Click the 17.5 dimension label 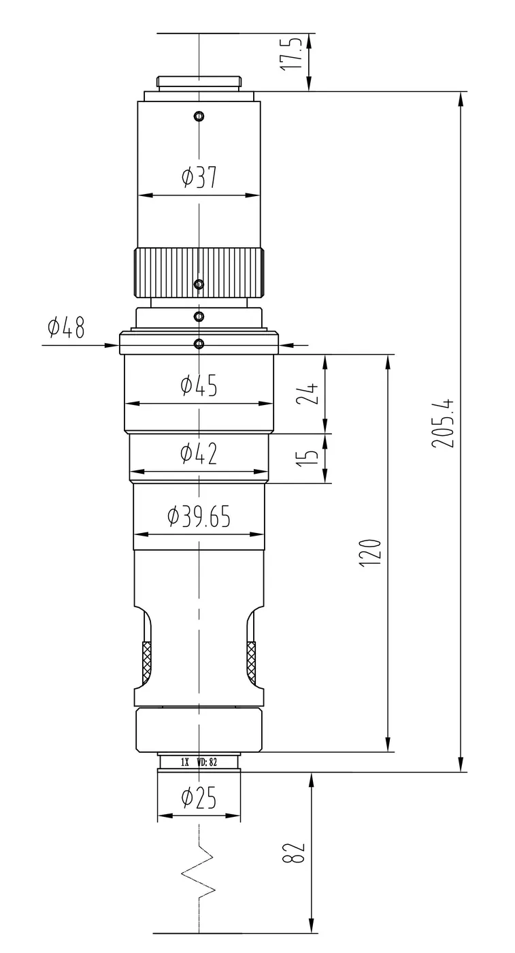pyautogui.click(x=291, y=54)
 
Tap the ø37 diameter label pyautogui.click(x=199, y=178)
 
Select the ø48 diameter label pyautogui.click(x=67, y=327)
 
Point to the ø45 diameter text pyautogui.click(x=199, y=385)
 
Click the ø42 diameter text pyautogui.click(x=199, y=453)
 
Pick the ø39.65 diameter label pyautogui.click(x=199, y=516)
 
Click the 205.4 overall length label pyautogui.click(x=443, y=423)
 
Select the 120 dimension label pyautogui.click(x=370, y=552)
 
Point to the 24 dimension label pyautogui.click(x=307, y=393)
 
